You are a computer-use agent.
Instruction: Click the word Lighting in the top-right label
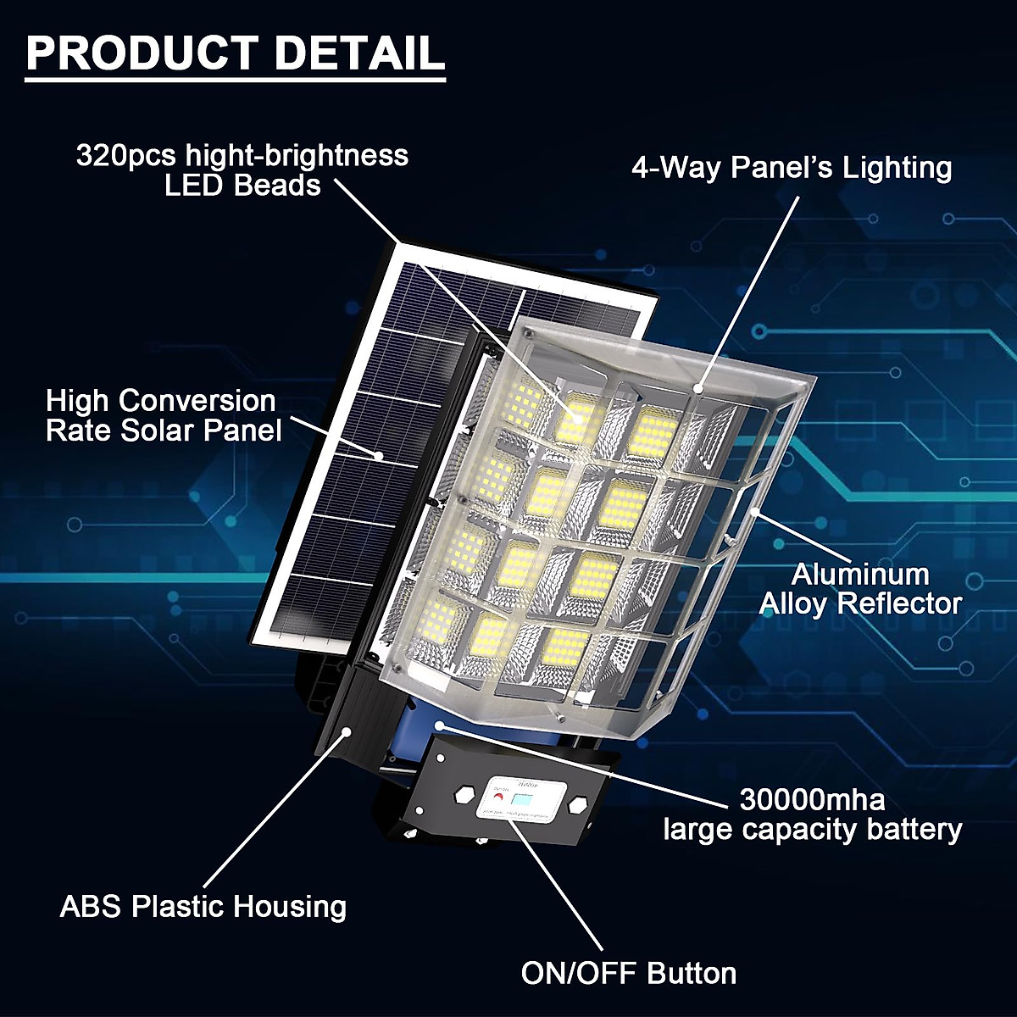(898, 168)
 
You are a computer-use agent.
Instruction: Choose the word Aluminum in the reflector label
(860, 575)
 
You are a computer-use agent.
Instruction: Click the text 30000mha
(812, 799)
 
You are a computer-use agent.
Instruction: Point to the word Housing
(291, 908)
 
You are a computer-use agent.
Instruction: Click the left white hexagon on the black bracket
(464, 796)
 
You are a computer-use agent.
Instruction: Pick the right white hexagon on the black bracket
(578, 803)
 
